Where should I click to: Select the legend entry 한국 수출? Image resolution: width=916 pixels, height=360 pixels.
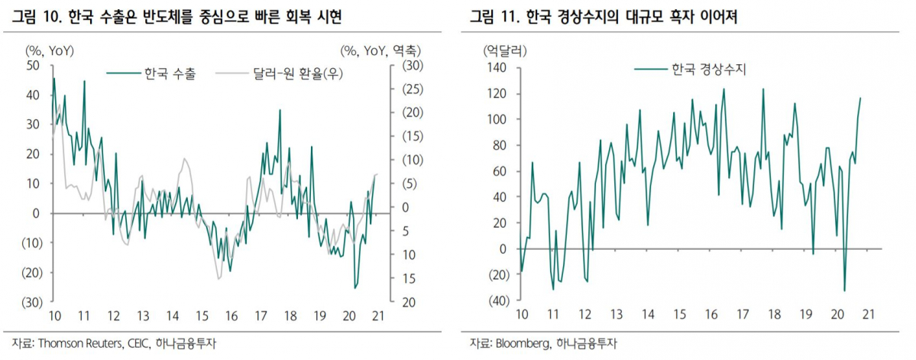pos(170,74)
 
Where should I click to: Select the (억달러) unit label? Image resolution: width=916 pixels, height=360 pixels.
pos(503,51)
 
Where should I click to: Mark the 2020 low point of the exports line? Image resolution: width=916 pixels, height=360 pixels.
pos(355,288)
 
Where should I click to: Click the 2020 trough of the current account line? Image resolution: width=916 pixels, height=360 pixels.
pos(844,290)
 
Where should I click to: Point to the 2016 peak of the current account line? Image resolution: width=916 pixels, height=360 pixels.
pos(723,89)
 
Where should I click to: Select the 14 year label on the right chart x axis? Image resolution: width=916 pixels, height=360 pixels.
pos(648,314)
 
